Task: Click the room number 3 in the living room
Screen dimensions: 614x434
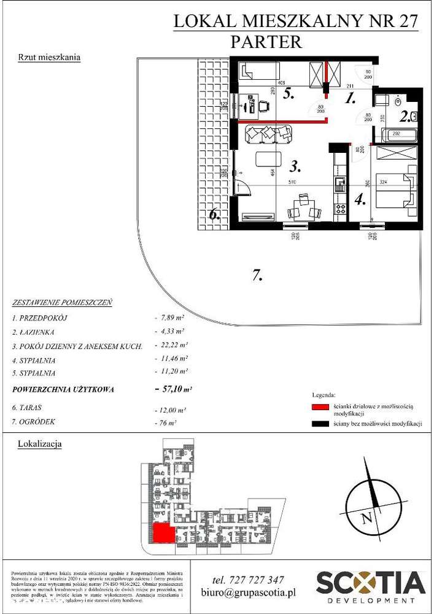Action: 295,166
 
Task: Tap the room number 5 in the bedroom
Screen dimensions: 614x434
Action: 287,95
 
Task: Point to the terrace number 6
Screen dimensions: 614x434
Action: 214,215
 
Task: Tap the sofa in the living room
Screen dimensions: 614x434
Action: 268,133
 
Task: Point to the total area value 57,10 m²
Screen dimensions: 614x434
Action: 175,389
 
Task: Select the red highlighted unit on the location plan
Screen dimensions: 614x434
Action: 163,533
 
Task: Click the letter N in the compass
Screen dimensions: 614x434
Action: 367,517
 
